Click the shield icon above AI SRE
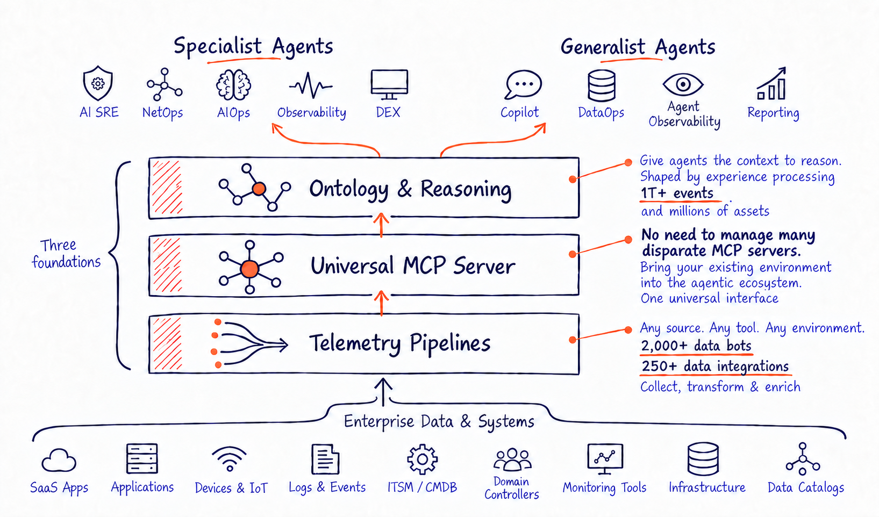pyautogui.click(x=98, y=83)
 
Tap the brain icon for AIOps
pyautogui.click(x=233, y=84)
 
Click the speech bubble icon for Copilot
pyautogui.click(x=523, y=84)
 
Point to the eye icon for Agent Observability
pyautogui.click(x=683, y=84)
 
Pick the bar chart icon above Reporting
pyautogui.click(x=771, y=83)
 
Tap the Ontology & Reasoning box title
pyautogui.click(x=410, y=190)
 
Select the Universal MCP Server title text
pyautogui.click(x=412, y=266)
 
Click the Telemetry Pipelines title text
pyautogui.click(x=399, y=343)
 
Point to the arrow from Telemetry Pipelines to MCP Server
pyautogui.click(x=381, y=303)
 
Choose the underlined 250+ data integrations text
pyautogui.click(x=716, y=367)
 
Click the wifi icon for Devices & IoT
pyautogui.click(x=229, y=458)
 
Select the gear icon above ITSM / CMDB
pyautogui.click(x=422, y=459)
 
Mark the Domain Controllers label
pyautogui.click(x=512, y=487)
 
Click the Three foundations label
pyautogui.click(x=66, y=254)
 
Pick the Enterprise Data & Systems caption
pyautogui.click(x=439, y=422)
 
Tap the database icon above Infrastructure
pyautogui.click(x=703, y=458)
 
